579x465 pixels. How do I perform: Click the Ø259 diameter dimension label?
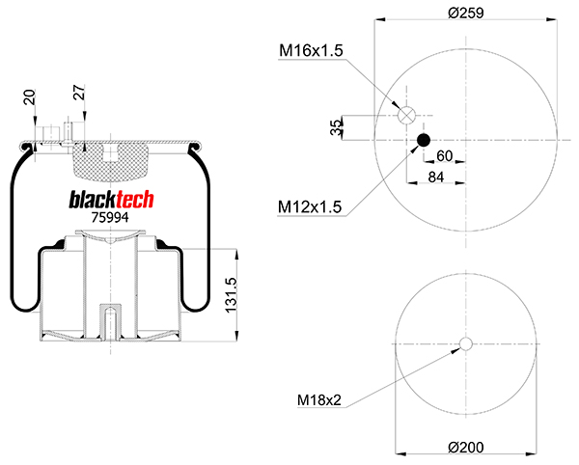[x=466, y=12]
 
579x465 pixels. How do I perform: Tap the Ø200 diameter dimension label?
[x=466, y=446]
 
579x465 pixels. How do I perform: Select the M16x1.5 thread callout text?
[x=311, y=50]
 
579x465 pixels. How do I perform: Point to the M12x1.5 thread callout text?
[x=309, y=205]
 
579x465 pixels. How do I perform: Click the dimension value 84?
[x=435, y=177]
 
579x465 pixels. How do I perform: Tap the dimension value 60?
[x=445, y=156]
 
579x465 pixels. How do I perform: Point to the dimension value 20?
[x=28, y=98]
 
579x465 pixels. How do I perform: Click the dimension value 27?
[x=79, y=95]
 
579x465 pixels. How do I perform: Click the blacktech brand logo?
[x=111, y=199]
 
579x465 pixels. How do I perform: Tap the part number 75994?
[x=110, y=217]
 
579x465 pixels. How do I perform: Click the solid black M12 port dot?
[x=423, y=142]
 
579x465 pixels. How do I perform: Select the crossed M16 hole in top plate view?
[x=407, y=115]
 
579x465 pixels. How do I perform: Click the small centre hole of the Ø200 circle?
[x=466, y=344]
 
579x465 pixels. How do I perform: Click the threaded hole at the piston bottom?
[x=109, y=322]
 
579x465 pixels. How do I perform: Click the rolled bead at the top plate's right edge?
[x=196, y=148]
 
